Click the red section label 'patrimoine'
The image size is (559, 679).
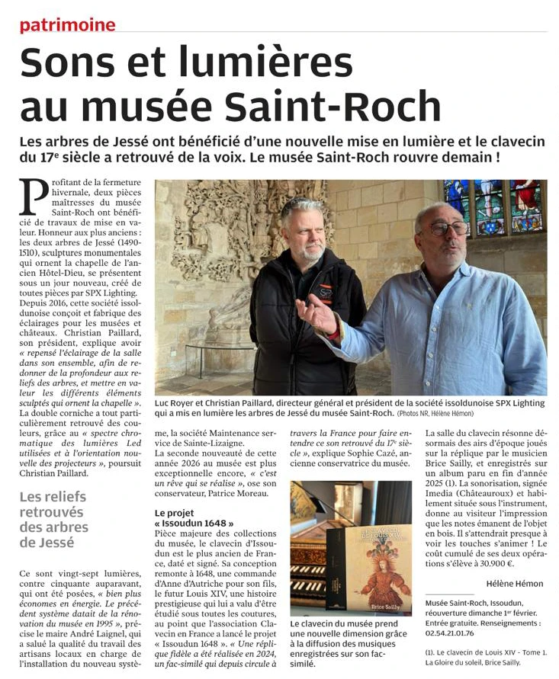coord(67,25)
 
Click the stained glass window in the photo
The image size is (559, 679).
coord(495,205)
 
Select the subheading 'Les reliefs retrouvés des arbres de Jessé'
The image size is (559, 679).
coord(53,520)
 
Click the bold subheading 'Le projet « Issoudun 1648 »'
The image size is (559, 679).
coord(192,519)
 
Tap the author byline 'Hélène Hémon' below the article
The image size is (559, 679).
coord(515,584)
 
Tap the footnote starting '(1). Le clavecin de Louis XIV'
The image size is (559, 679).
coord(483,658)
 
